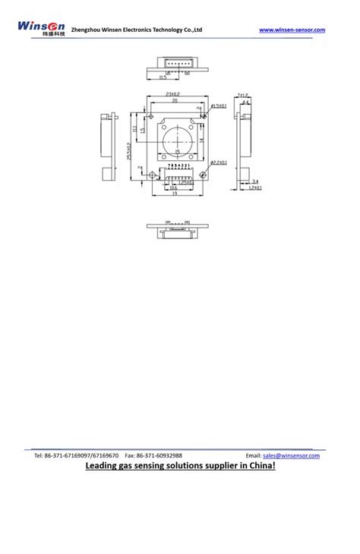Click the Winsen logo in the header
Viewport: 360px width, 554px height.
[x=43, y=30]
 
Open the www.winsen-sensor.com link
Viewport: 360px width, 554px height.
[x=292, y=30]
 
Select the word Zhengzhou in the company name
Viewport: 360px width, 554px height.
[x=97, y=30]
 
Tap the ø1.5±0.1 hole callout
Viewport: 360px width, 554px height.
[x=219, y=105]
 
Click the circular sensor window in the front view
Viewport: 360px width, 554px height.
[x=178, y=139]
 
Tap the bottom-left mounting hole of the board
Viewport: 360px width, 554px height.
[x=152, y=175]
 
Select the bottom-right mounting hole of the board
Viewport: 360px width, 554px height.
[x=203, y=175]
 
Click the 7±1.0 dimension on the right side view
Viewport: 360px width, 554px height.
[x=244, y=94]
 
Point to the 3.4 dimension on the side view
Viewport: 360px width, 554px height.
[x=255, y=181]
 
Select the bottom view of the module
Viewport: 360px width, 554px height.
[x=177, y=228]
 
